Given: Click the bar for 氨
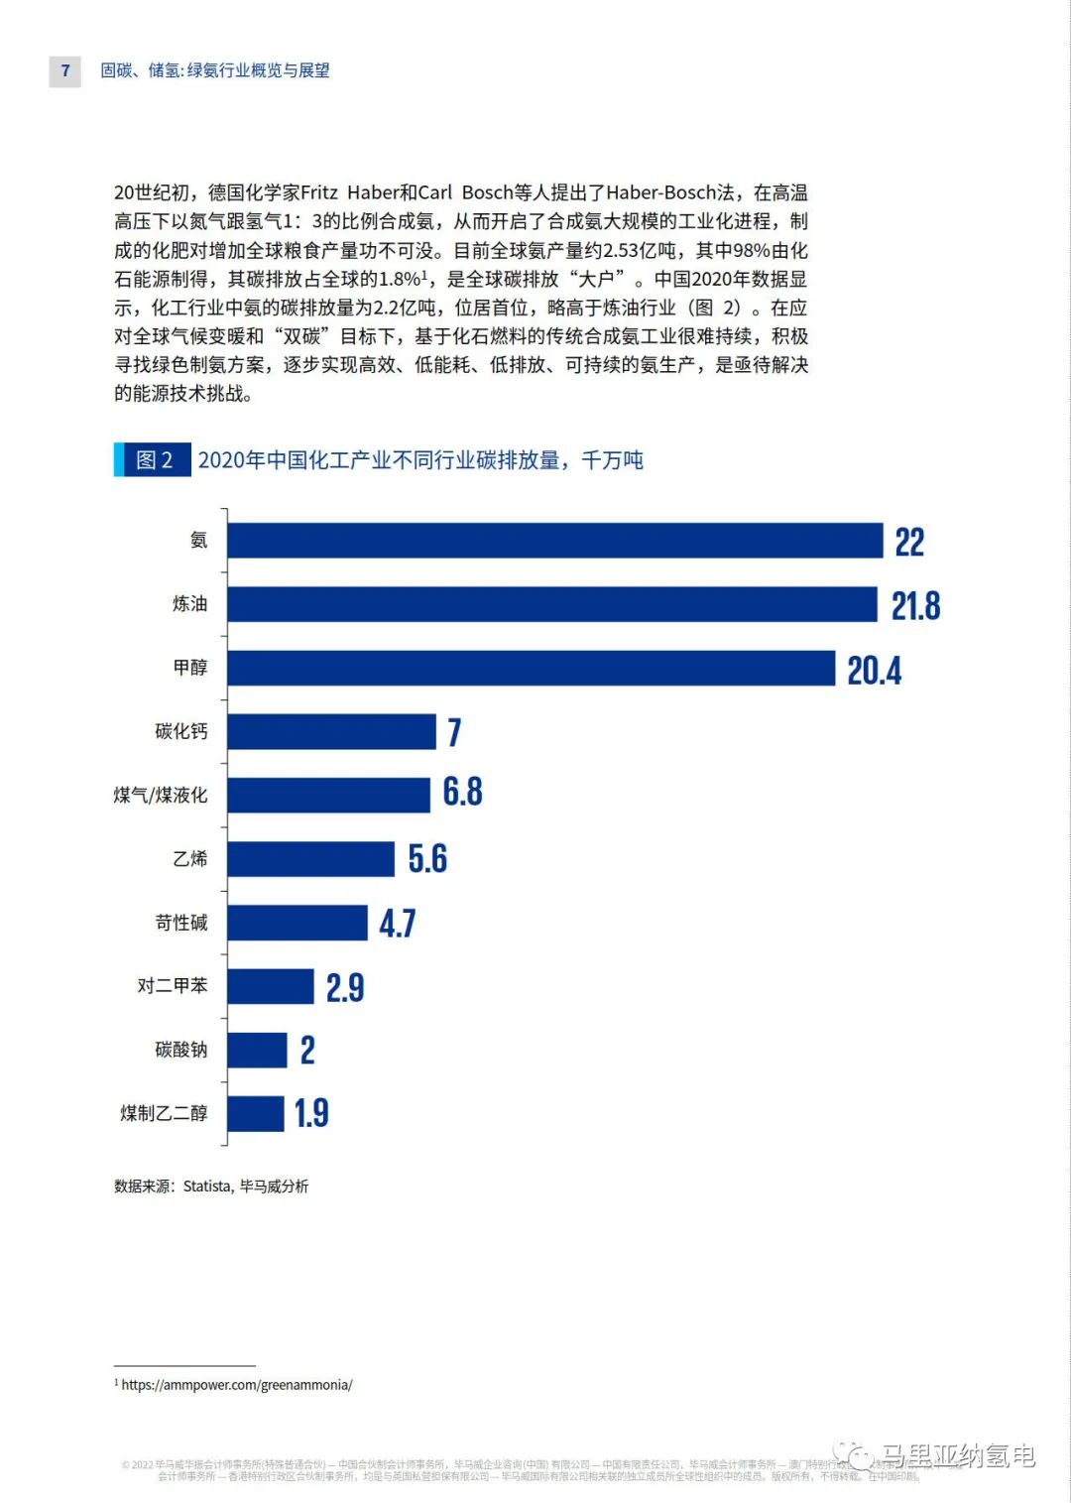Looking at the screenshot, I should pyautogui.click(x=555, y=541).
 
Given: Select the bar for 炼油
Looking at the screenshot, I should pyautogui.click(x=552, y=604).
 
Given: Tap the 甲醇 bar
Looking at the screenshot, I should pyautogui.click(x=532, y=668).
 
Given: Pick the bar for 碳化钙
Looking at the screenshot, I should pyautogui.click(x=331, y=731).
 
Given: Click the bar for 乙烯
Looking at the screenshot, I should pyautogui.click(x=310, y=859).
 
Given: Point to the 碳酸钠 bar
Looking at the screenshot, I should pyautogui.click(x=257, y=1050).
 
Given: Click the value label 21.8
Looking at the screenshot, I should pyautogui.click(x=915, y=605).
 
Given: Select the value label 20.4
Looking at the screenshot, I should pyautogui.click(x=874, y=671).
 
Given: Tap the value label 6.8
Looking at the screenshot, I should pyautogui.click(x=462, y=792).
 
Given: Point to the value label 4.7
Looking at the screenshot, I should pyautogui.click(x=397, y=924).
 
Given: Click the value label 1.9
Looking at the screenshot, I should pyautogui.click(x=311, y=1113).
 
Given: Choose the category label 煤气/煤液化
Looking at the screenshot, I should pyautogui.click(x=161, y=795).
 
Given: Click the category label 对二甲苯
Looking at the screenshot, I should pyautogui.click(x=173, y=985).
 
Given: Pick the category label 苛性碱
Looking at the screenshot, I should pyautogui.click(x=181, y=923).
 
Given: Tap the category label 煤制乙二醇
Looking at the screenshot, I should pyautogui.click(x=164, y=1113).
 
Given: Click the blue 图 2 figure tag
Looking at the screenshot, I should pyautogui.click(x=153, y=460).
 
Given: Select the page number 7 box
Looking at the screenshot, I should pyautogui.click(x=65, y=70).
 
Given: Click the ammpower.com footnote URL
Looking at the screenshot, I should pyautogui.click(x=237, y=1384).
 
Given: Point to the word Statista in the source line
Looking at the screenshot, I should pyautogui.click(x=207, y=1186).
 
